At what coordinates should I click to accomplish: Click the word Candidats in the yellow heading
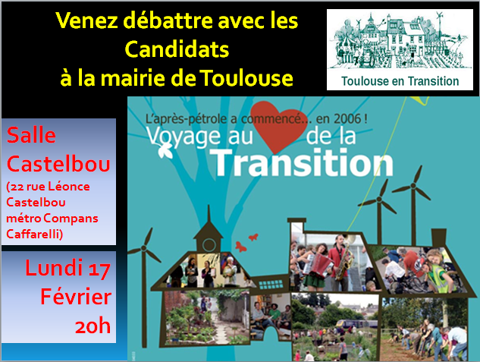pos(177,49)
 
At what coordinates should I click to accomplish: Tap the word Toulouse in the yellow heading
pos(246,78)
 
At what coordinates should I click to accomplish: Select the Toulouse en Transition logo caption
pos(400,81)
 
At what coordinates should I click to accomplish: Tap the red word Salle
pos(31,135)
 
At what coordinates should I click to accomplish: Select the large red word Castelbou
pos(58,164)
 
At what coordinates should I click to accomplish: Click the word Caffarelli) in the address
pos(35,234)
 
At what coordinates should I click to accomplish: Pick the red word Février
pos(76,297)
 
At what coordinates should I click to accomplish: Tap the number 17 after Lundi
pos(99,269)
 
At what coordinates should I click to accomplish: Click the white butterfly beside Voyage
pos(165,151)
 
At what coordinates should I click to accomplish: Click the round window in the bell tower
pos(209,245)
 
